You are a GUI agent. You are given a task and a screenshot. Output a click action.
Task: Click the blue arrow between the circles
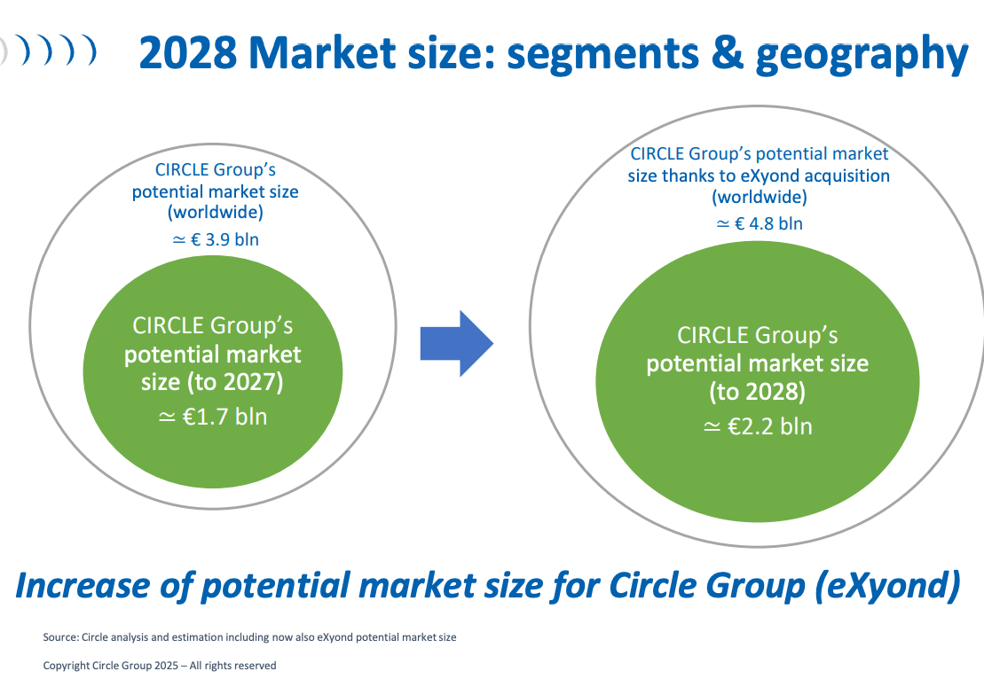click(456, 343)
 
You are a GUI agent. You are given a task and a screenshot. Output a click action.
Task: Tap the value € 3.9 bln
click(224, 239)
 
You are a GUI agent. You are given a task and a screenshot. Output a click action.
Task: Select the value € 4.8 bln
click(768, 223)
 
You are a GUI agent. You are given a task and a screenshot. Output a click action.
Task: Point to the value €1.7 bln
click(224, 417)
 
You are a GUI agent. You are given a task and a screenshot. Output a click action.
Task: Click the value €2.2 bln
click(770, 426)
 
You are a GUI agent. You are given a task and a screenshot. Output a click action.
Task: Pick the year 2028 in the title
click(187, 52)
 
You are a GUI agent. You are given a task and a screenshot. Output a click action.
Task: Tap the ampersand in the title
click(727, 52)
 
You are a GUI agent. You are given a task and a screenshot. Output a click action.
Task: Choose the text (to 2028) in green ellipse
click(758, 391)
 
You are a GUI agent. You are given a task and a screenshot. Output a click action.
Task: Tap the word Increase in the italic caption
click(83, 586)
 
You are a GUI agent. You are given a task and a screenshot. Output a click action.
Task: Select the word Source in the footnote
click(60, 637)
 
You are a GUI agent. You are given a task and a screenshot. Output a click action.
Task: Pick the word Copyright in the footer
click(66, 665)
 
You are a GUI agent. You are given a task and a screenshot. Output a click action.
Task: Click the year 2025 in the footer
click(166, 665)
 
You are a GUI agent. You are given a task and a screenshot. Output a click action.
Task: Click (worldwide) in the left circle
click(216, 212)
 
